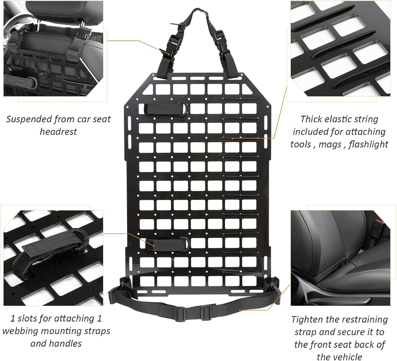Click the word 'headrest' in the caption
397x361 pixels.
pyautogui.click(x=58, y=132)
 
